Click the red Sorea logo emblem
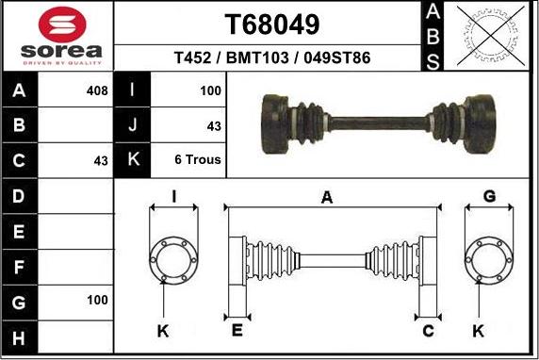(62, 25)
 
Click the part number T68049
(272, 25)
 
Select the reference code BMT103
(257, 57)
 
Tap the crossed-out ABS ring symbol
(491, 36)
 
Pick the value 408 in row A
(97, 90)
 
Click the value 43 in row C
(101, 160)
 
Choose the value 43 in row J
(214, 126)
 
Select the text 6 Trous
(198, 159)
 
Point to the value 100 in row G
(97, 301)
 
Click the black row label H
(19, 337)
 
